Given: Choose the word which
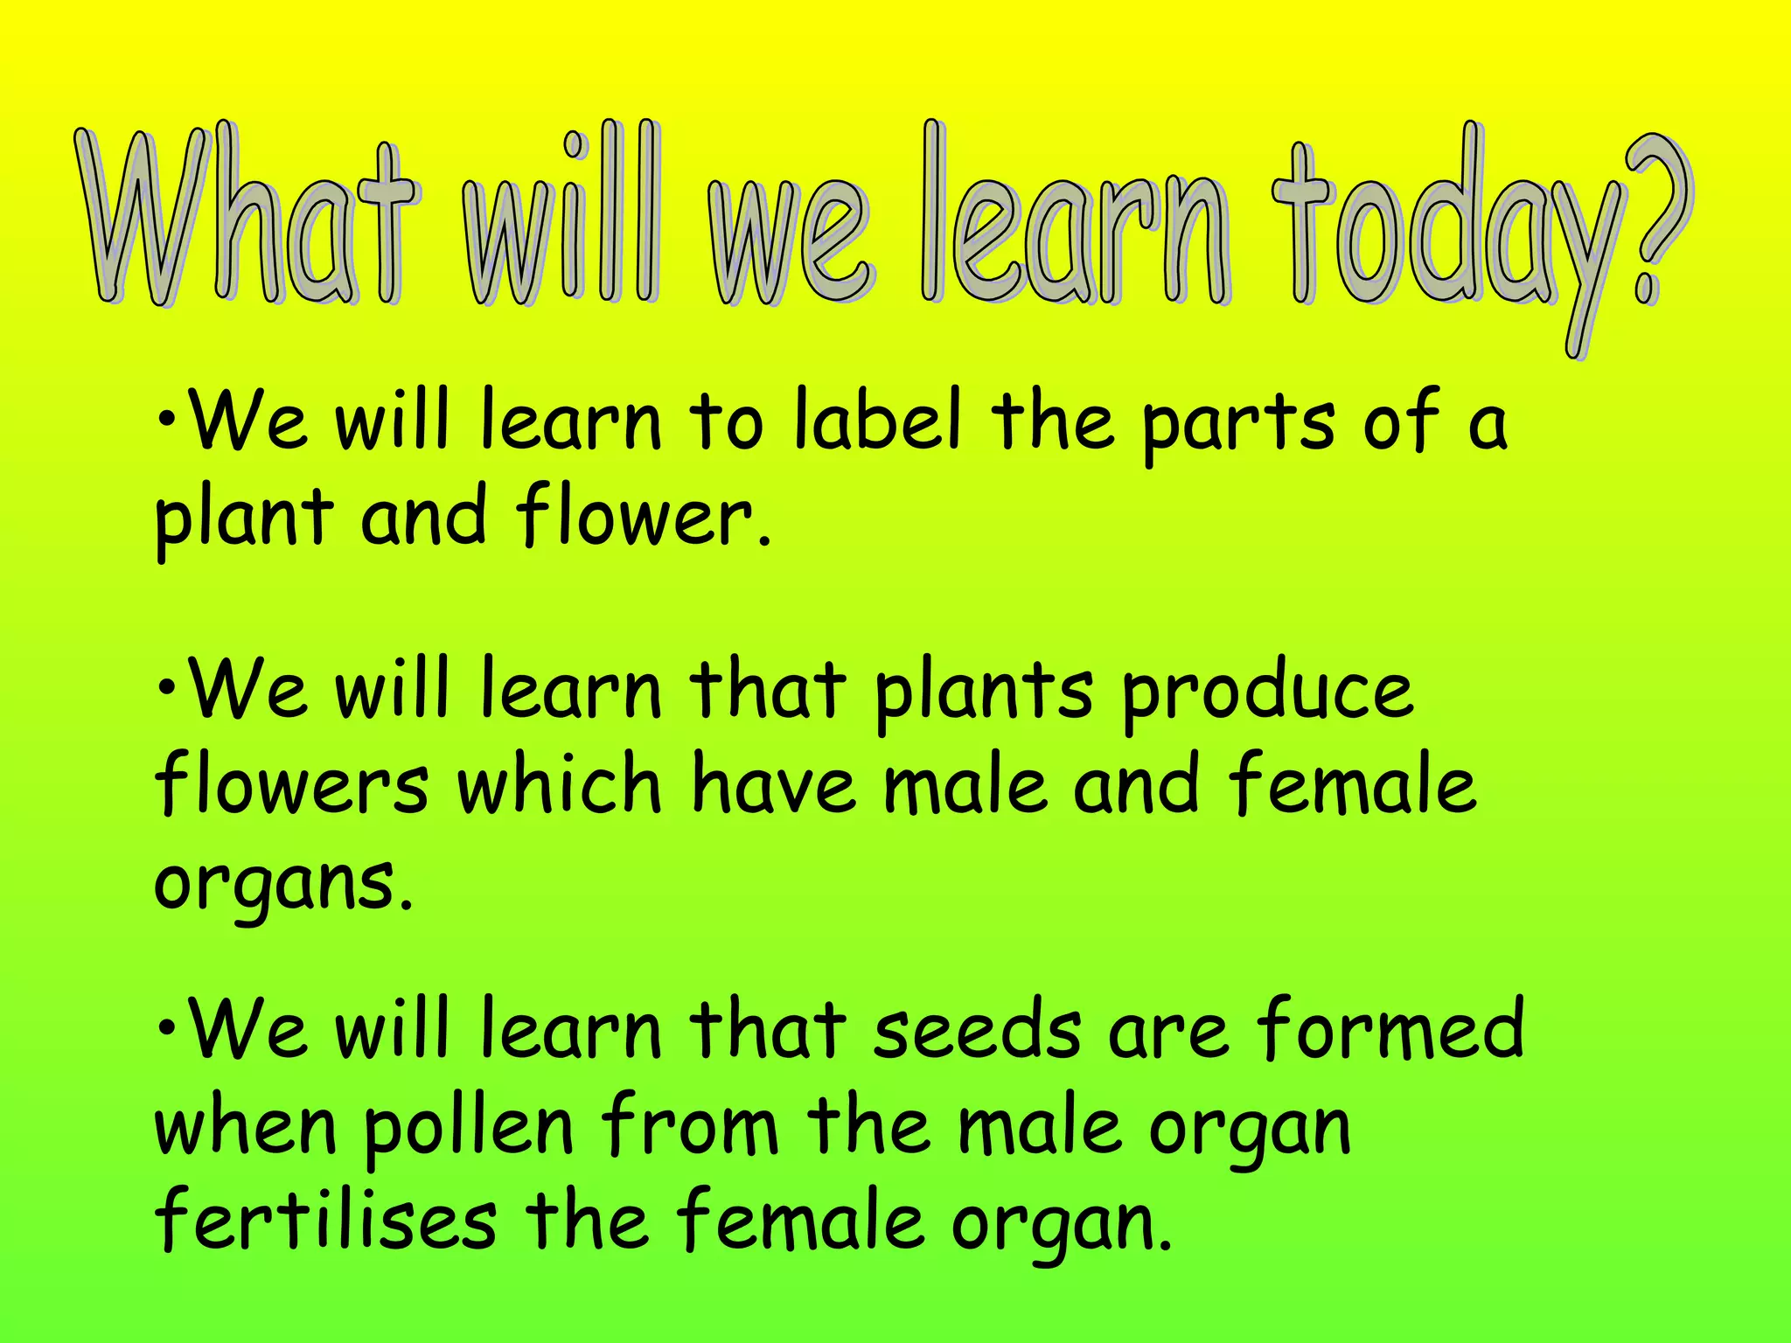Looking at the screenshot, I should pyautogui.click(x=560, y=784).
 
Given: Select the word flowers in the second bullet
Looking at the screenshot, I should pyautogui.click(x=292, y=784).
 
